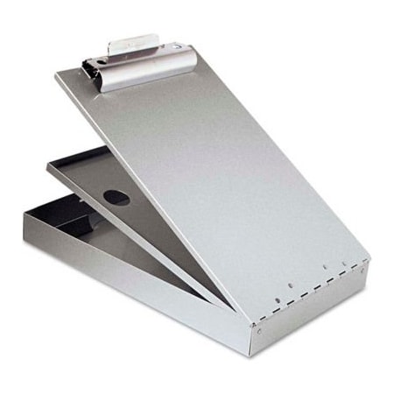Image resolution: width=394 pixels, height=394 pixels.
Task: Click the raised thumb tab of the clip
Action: coord(132,42)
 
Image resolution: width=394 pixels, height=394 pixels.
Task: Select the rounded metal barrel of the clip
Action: coord(147,67)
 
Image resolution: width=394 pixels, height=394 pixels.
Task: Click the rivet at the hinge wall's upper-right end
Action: coord(362,271)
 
